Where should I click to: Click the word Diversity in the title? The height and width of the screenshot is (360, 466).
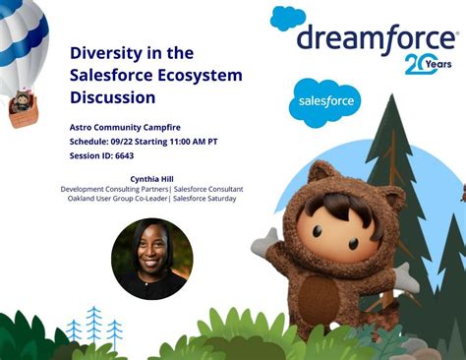tap(102, 53)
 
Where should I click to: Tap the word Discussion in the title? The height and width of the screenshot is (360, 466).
tap(113, 97)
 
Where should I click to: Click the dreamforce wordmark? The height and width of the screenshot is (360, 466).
tap(377, 38)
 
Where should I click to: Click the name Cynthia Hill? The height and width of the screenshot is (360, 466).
tap(152, 178)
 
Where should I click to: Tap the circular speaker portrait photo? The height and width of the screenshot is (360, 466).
tap(152, 259)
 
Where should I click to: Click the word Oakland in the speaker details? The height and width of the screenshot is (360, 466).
tap(83, 199)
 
